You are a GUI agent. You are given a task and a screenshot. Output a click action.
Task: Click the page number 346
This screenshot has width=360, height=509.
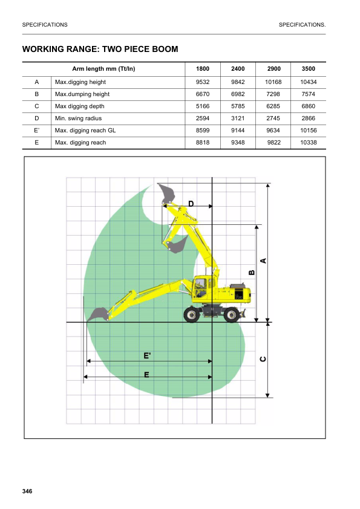pos(27,490)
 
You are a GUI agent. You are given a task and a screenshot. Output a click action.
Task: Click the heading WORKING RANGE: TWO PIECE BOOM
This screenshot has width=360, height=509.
pos(100,49)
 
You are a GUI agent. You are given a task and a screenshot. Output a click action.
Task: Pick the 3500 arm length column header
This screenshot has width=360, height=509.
pos(308,69)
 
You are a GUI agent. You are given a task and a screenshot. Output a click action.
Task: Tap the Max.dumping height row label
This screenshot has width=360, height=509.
pos(82,94)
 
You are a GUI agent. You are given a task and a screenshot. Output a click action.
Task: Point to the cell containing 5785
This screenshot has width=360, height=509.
pos(238,106)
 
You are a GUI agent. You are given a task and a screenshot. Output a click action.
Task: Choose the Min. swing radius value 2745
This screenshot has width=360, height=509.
pos(273,118)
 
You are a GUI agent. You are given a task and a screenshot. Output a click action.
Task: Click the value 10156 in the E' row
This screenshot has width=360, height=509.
pos(308,131)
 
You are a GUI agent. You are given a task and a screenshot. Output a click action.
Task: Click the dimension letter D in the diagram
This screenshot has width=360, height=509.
pos(191,204)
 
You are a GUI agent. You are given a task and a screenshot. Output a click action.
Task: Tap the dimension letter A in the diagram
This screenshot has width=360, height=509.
pos(263,260)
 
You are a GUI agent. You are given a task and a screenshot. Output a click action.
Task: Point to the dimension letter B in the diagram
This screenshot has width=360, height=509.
pos(252,273)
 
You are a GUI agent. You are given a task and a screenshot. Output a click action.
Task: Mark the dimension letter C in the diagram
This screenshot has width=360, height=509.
pos(263,359)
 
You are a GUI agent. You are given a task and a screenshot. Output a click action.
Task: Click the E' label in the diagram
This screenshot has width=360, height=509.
pos(147,356)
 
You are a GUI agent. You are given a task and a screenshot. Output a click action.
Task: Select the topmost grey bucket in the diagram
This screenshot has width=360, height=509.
pos(166,193)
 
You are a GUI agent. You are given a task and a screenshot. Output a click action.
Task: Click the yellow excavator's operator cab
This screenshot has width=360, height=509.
pos(202,287)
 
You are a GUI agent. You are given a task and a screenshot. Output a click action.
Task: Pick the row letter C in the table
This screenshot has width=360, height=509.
pos(37,106)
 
